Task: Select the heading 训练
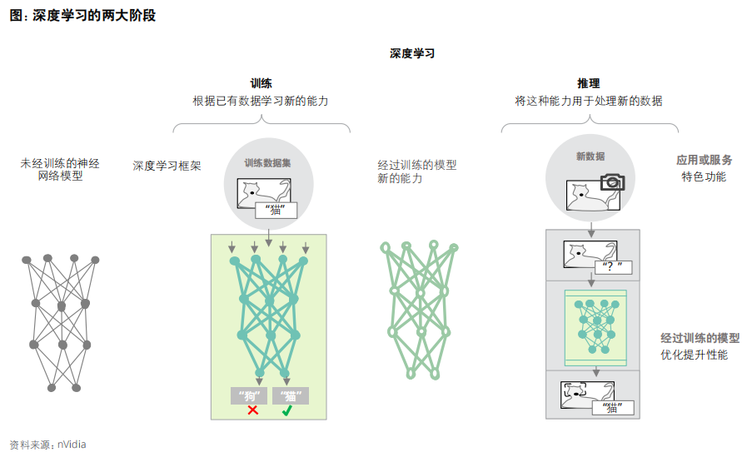[261, 83]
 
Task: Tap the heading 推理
[589, 83]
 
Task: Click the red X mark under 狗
[252, 410]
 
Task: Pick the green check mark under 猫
[287, 410]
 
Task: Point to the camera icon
[612, 181]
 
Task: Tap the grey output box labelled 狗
[249, 395]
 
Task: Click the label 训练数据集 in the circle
[267, 164]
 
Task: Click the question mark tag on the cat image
[615, 267]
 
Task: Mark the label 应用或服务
[704, 160]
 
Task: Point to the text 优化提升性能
[694, 355]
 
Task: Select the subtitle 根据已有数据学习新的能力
[261, 101]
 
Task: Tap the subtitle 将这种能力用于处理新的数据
[589, 101]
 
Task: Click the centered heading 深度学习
[412, 53]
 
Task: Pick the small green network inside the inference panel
[595, 326]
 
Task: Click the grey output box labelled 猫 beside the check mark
[290, 395]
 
